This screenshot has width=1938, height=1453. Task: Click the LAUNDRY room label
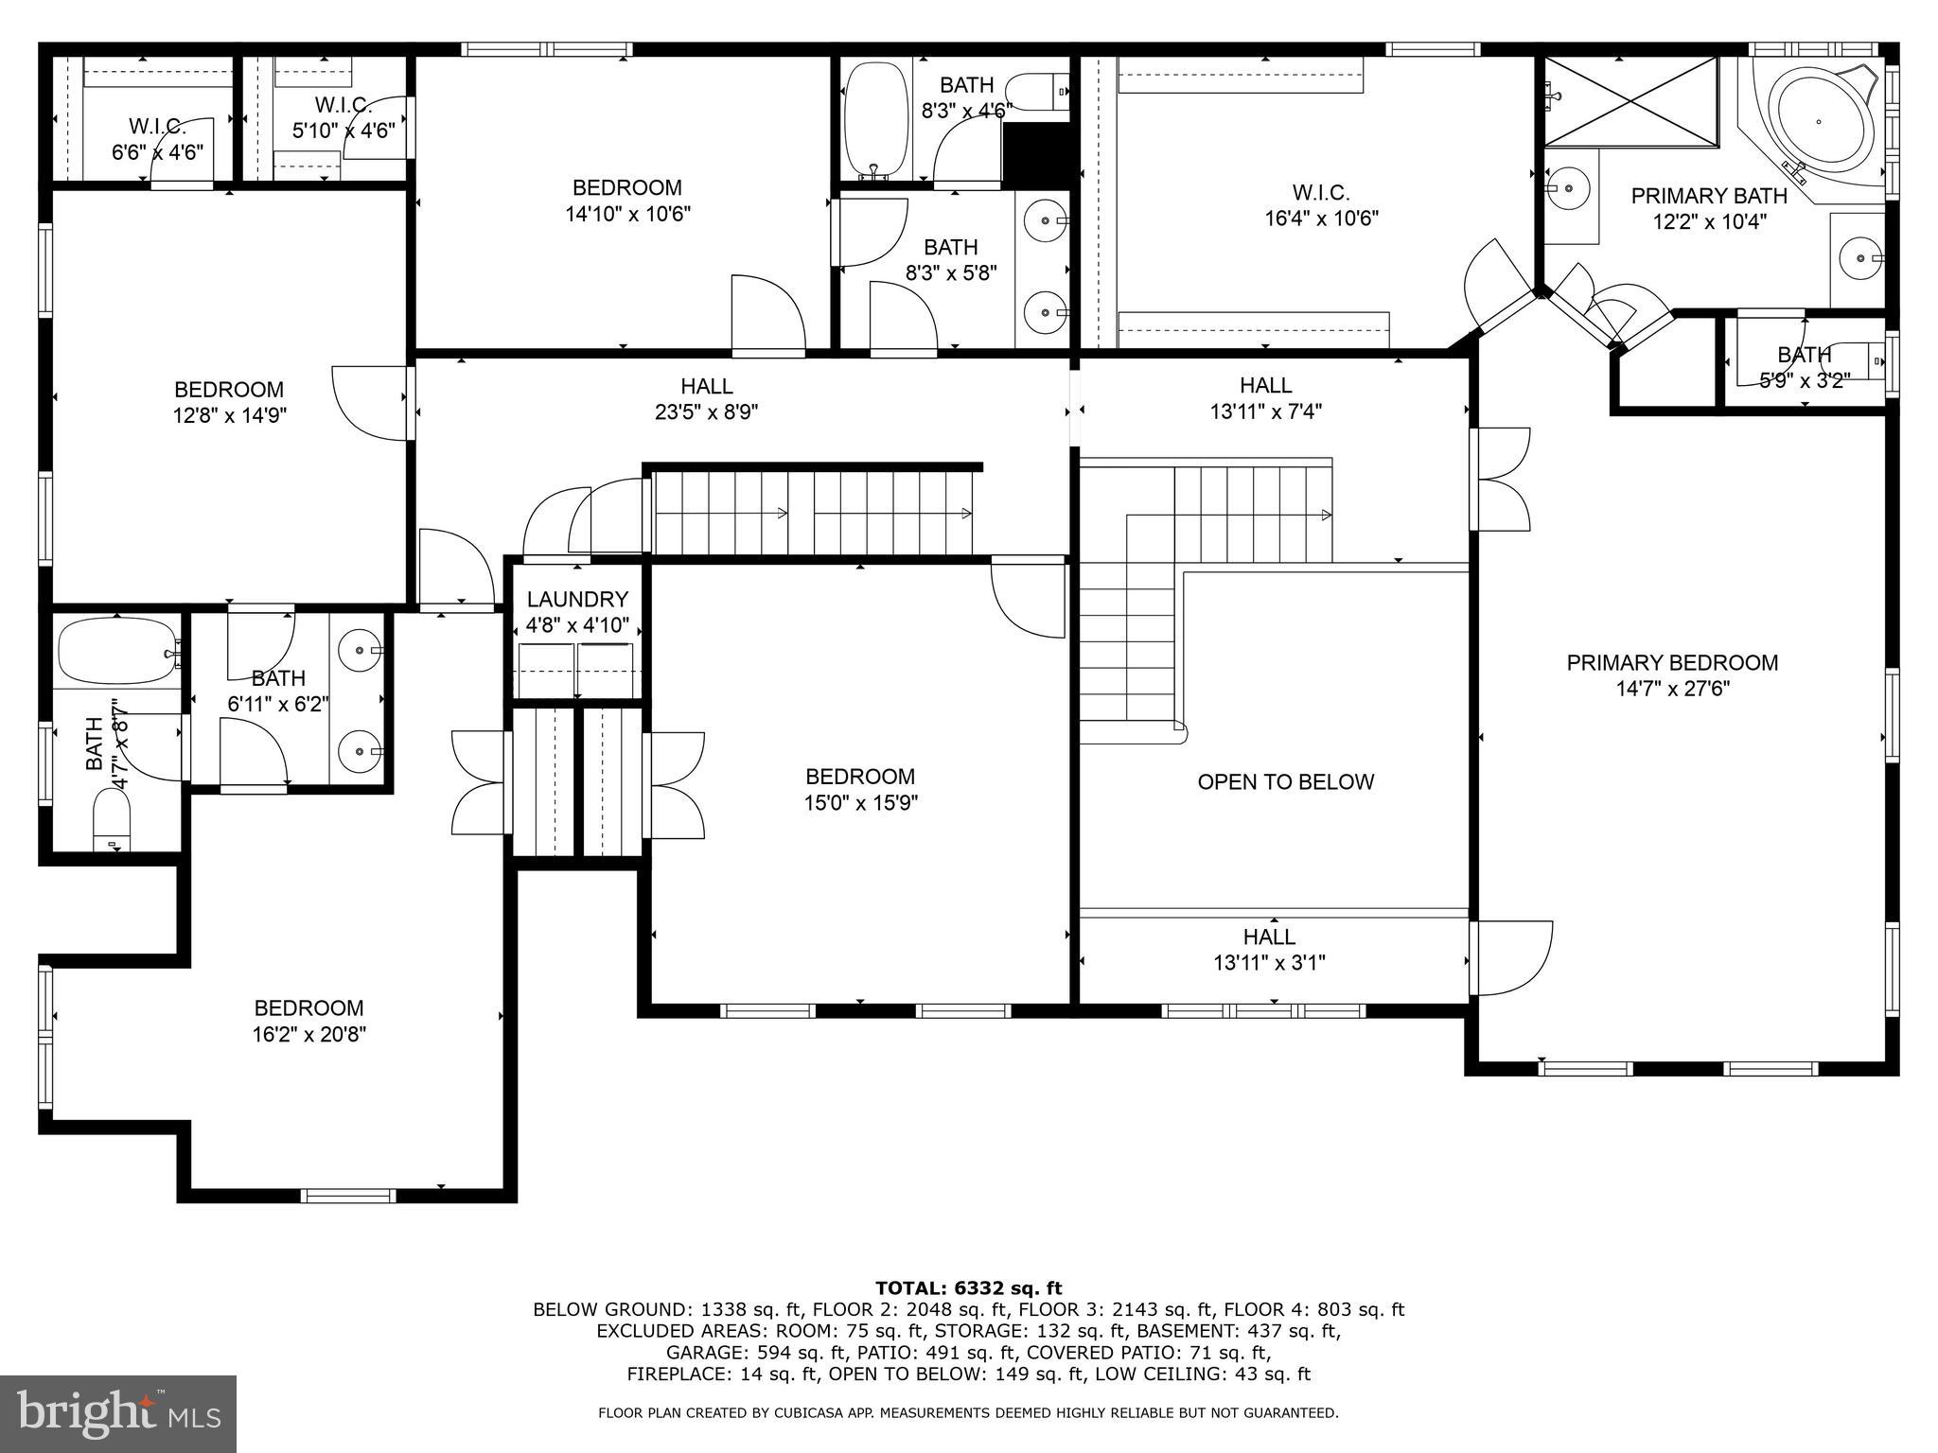[x=577, y=599]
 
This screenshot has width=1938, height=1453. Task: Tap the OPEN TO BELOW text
[x=1285, y=781]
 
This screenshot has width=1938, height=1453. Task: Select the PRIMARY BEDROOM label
[x=1672, y=662]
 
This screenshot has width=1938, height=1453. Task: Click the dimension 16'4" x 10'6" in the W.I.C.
[x=1321, y=219]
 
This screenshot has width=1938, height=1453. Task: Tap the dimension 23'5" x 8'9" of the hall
[x=707, y=412]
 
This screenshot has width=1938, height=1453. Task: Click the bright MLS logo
[x=118, y=1414]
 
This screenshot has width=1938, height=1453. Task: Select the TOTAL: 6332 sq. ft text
[x=968, y=1287]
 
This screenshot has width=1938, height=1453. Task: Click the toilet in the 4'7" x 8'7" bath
[x=113, y=818]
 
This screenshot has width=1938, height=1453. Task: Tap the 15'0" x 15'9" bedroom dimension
[x=859, y=803]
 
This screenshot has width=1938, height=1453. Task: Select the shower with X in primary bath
[x=1630, y=101]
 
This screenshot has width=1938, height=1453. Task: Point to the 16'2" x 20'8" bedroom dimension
[x=308, y=1035]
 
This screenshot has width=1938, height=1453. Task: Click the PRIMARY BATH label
[x=1708, y=196]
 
